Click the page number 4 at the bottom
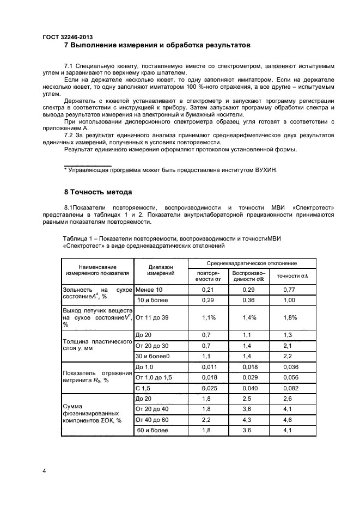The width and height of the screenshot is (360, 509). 44,470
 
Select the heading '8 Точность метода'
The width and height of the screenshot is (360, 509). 98,192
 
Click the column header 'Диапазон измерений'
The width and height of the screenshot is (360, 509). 161,270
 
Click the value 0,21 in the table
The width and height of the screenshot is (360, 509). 208,290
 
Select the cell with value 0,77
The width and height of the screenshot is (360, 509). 289,290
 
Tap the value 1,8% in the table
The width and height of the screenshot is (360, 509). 291,317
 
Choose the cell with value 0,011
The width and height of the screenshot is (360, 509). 208,367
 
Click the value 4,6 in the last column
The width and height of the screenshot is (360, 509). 288,420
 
